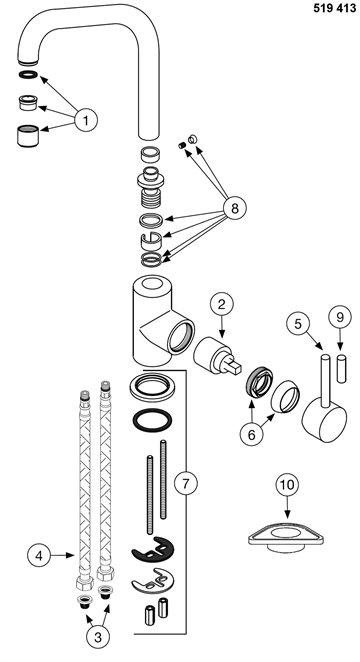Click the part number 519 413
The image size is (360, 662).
tap(335, 8)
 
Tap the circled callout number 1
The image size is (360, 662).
tap(86, 121)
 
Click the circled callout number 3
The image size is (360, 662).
tap(98, 638)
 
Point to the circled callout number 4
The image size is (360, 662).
tap(39, 556)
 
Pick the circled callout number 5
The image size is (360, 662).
tap(298, 324)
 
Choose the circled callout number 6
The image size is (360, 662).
tap(252, 435)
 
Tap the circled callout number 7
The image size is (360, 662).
tap(186, 484)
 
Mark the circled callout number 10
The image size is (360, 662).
tap(287, 485)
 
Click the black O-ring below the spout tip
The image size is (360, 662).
tap(28, 75)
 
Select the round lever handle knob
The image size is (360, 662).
tap(324, 421)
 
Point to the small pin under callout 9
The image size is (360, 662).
tap(341, 369)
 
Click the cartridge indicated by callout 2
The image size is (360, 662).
tap(216, 356)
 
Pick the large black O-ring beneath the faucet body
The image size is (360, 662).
tap(152, 421)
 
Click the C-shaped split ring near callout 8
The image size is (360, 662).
tap(151, 242)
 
